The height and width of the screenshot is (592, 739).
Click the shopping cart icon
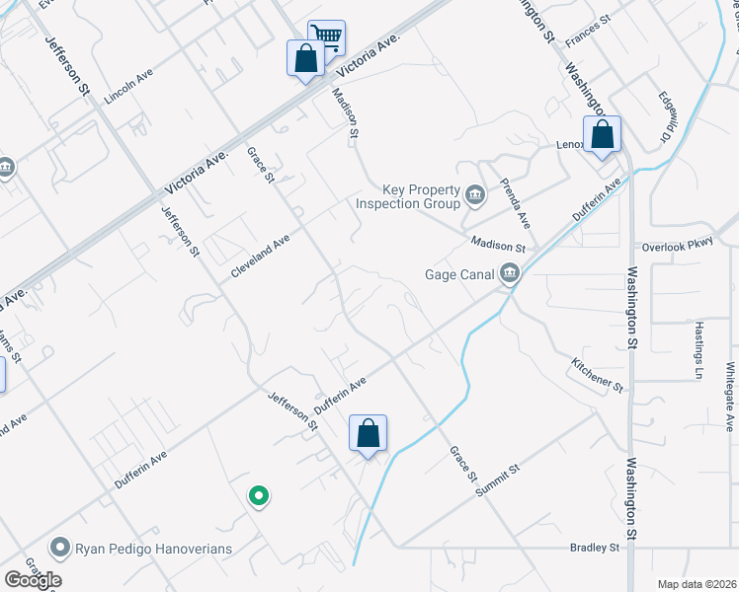pos(327,37)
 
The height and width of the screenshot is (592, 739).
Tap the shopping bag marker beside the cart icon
pos(305,57)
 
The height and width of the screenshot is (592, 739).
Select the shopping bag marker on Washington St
pos(602,135)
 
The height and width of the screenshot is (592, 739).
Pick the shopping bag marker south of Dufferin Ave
pos(368,433)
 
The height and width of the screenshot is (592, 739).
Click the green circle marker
pos(258,495)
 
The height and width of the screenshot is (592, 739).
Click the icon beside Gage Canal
pos(509,274)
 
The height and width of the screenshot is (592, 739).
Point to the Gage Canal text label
pos(458,275)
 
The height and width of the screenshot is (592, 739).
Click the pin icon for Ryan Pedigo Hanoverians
pos(60,546)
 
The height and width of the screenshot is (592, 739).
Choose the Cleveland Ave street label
pos(260,256)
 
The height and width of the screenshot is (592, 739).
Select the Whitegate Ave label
pos(729,396)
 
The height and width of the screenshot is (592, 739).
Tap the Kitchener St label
pos(597,375)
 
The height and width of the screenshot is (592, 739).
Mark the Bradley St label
pos(594,547)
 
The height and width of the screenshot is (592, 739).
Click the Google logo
pos(33,580)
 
